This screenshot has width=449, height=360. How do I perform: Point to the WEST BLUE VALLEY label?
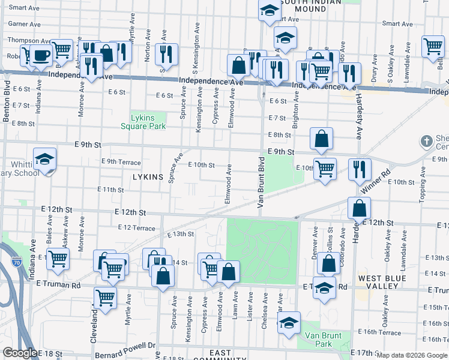point(385,283)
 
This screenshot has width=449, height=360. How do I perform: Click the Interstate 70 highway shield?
point(17,262)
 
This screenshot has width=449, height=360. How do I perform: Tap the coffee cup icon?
point(41,56)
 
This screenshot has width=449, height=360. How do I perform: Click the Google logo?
point(19,353)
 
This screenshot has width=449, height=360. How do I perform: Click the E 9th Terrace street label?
point(121,162)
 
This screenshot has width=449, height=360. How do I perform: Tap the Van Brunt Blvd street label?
point(261,182)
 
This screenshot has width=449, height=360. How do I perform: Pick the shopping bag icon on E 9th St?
point(322,139)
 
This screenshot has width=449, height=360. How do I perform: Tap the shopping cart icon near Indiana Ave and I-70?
point(58,259)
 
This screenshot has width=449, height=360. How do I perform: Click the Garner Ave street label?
point(23,25)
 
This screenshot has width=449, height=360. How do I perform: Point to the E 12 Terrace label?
point(137,227)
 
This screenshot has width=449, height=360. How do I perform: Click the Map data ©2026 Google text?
point(412,355)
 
